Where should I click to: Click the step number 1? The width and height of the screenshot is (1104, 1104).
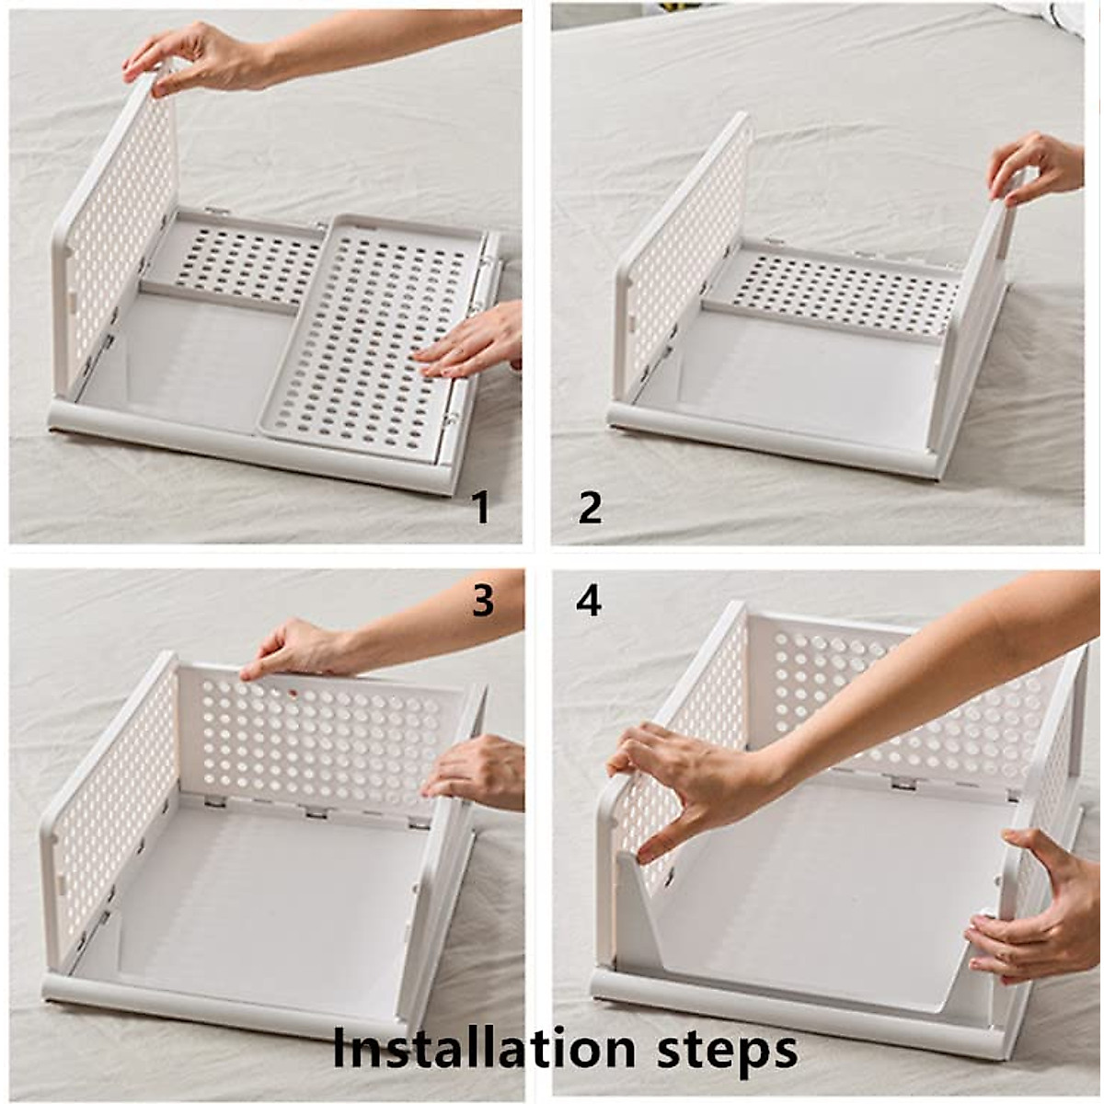[x=482, y=508]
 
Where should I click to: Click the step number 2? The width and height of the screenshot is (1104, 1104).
[x=589, y=508]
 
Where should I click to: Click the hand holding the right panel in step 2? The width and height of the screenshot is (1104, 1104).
[x=1037, y=167]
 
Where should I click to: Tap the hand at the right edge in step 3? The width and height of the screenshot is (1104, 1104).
[x=476, y=774]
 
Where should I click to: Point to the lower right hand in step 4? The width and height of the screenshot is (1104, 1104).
[x=1031, y=905]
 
